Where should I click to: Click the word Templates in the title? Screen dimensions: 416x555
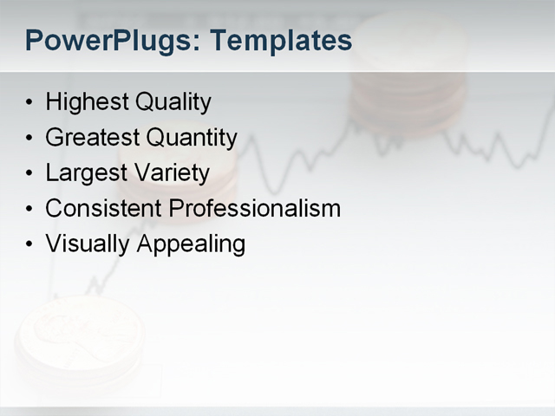point(281,41)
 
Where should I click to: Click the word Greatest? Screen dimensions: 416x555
point(92,138)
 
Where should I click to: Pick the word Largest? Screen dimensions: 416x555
point(83,173)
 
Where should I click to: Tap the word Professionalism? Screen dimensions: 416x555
point(254,209)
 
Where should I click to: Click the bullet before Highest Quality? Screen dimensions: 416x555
point(30,104)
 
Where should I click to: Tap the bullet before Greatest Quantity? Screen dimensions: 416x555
point(30,139)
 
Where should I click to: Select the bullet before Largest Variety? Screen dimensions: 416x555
point(30,174)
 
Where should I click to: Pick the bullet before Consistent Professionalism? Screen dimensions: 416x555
point(30,210)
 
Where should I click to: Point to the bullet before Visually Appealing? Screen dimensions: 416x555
point(30,245)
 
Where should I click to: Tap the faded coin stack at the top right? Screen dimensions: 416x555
point(408,87)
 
